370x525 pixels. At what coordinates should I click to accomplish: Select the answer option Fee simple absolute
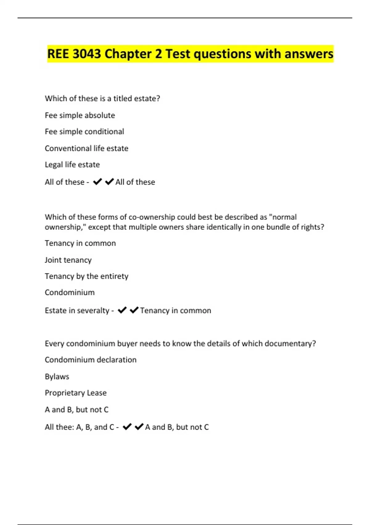pyautogui.click(x=80, y=115)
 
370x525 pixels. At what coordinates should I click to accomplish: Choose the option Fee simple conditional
pyautogui.click(x=84, y=132)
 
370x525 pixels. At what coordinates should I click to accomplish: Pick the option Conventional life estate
pyautogui.click(x=86, y=148)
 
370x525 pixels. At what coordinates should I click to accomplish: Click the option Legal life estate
pyautogui.click(x=72, y=165)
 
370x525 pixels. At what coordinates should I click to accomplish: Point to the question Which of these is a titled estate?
pyautogui.click(x=102, y=99)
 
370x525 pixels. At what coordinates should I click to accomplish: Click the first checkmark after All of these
pyautogui.click(x=97, y=182)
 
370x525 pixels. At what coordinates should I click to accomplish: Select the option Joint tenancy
pyautogui.click(x=68, y=260)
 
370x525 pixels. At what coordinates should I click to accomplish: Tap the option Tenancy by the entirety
pyautogui.click(x=86, y=276)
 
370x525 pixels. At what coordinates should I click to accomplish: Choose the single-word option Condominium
pyautogui.click(x=70, y=292)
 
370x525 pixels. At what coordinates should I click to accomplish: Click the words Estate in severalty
pyautogui.click(x=77, y=310)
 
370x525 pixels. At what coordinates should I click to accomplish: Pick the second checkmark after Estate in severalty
pyautogui.click(x=134, y=310)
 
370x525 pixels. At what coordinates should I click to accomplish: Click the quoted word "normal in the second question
pyautogui.click(x=283, y=217)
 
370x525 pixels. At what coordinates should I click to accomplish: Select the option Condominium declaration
pyautogui.click(x=91, y=360)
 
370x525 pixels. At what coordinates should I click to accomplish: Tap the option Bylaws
pyautogui.click(x=57, y=376)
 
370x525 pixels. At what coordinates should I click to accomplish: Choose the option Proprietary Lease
pyautogui.click(x=76, y=393)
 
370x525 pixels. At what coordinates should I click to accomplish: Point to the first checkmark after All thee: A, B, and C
pyautogui.click(x=127, y=427)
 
